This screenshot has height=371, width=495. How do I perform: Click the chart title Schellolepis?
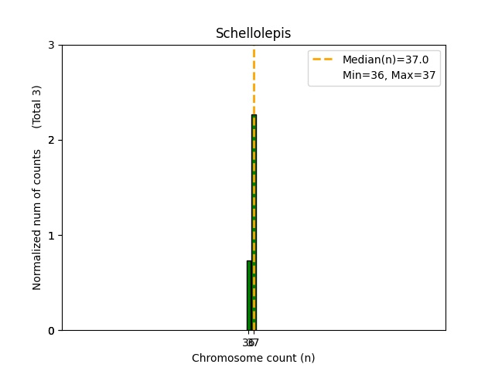(x=253, y=34)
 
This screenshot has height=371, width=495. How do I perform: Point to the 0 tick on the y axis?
(x=52, y=331)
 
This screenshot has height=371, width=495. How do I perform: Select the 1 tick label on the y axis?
(x=52, y=236)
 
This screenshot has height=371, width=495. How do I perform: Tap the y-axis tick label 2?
(x=52, y=141)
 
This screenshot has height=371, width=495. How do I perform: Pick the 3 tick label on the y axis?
(x=52, y=46)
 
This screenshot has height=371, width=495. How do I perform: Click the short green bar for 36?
(x=248, y=296)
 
